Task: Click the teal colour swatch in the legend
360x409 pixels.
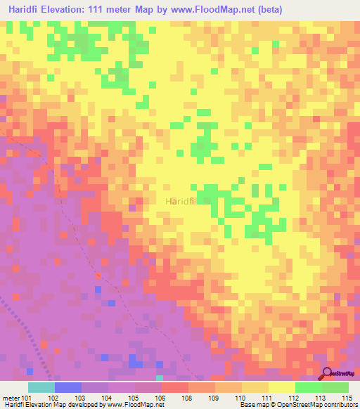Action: pos(41,387)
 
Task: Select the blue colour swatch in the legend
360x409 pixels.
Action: pos(68,387)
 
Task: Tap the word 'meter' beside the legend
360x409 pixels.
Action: pos(10,397)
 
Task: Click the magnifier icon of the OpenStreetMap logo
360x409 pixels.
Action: pos(328,374)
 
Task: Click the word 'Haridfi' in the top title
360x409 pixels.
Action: pos(27,10)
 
